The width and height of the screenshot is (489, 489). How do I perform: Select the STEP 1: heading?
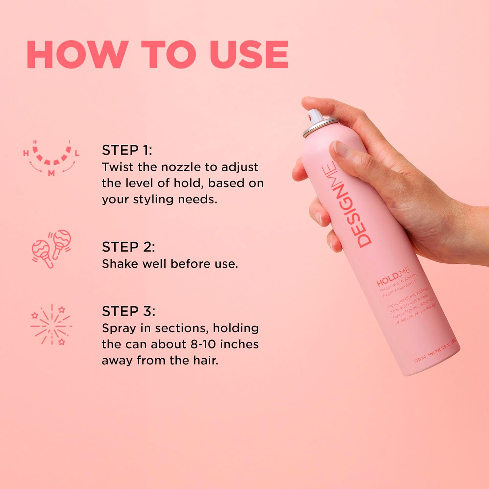coord(127,150)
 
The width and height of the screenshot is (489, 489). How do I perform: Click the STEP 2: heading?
coord(128,247)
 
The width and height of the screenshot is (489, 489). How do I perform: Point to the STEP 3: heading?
coord(128,311)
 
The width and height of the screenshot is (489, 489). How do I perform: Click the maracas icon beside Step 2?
coord(51,248)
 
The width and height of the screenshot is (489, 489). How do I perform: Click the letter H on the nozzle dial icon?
coord(26,153)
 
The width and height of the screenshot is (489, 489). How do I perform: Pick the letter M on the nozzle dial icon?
coord(51,173)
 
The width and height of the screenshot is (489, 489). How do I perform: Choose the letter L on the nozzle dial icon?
coord(77,153)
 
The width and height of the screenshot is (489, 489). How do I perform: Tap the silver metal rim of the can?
coord(320,127)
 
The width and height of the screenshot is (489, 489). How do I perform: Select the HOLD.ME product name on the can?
coord(393,277)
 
